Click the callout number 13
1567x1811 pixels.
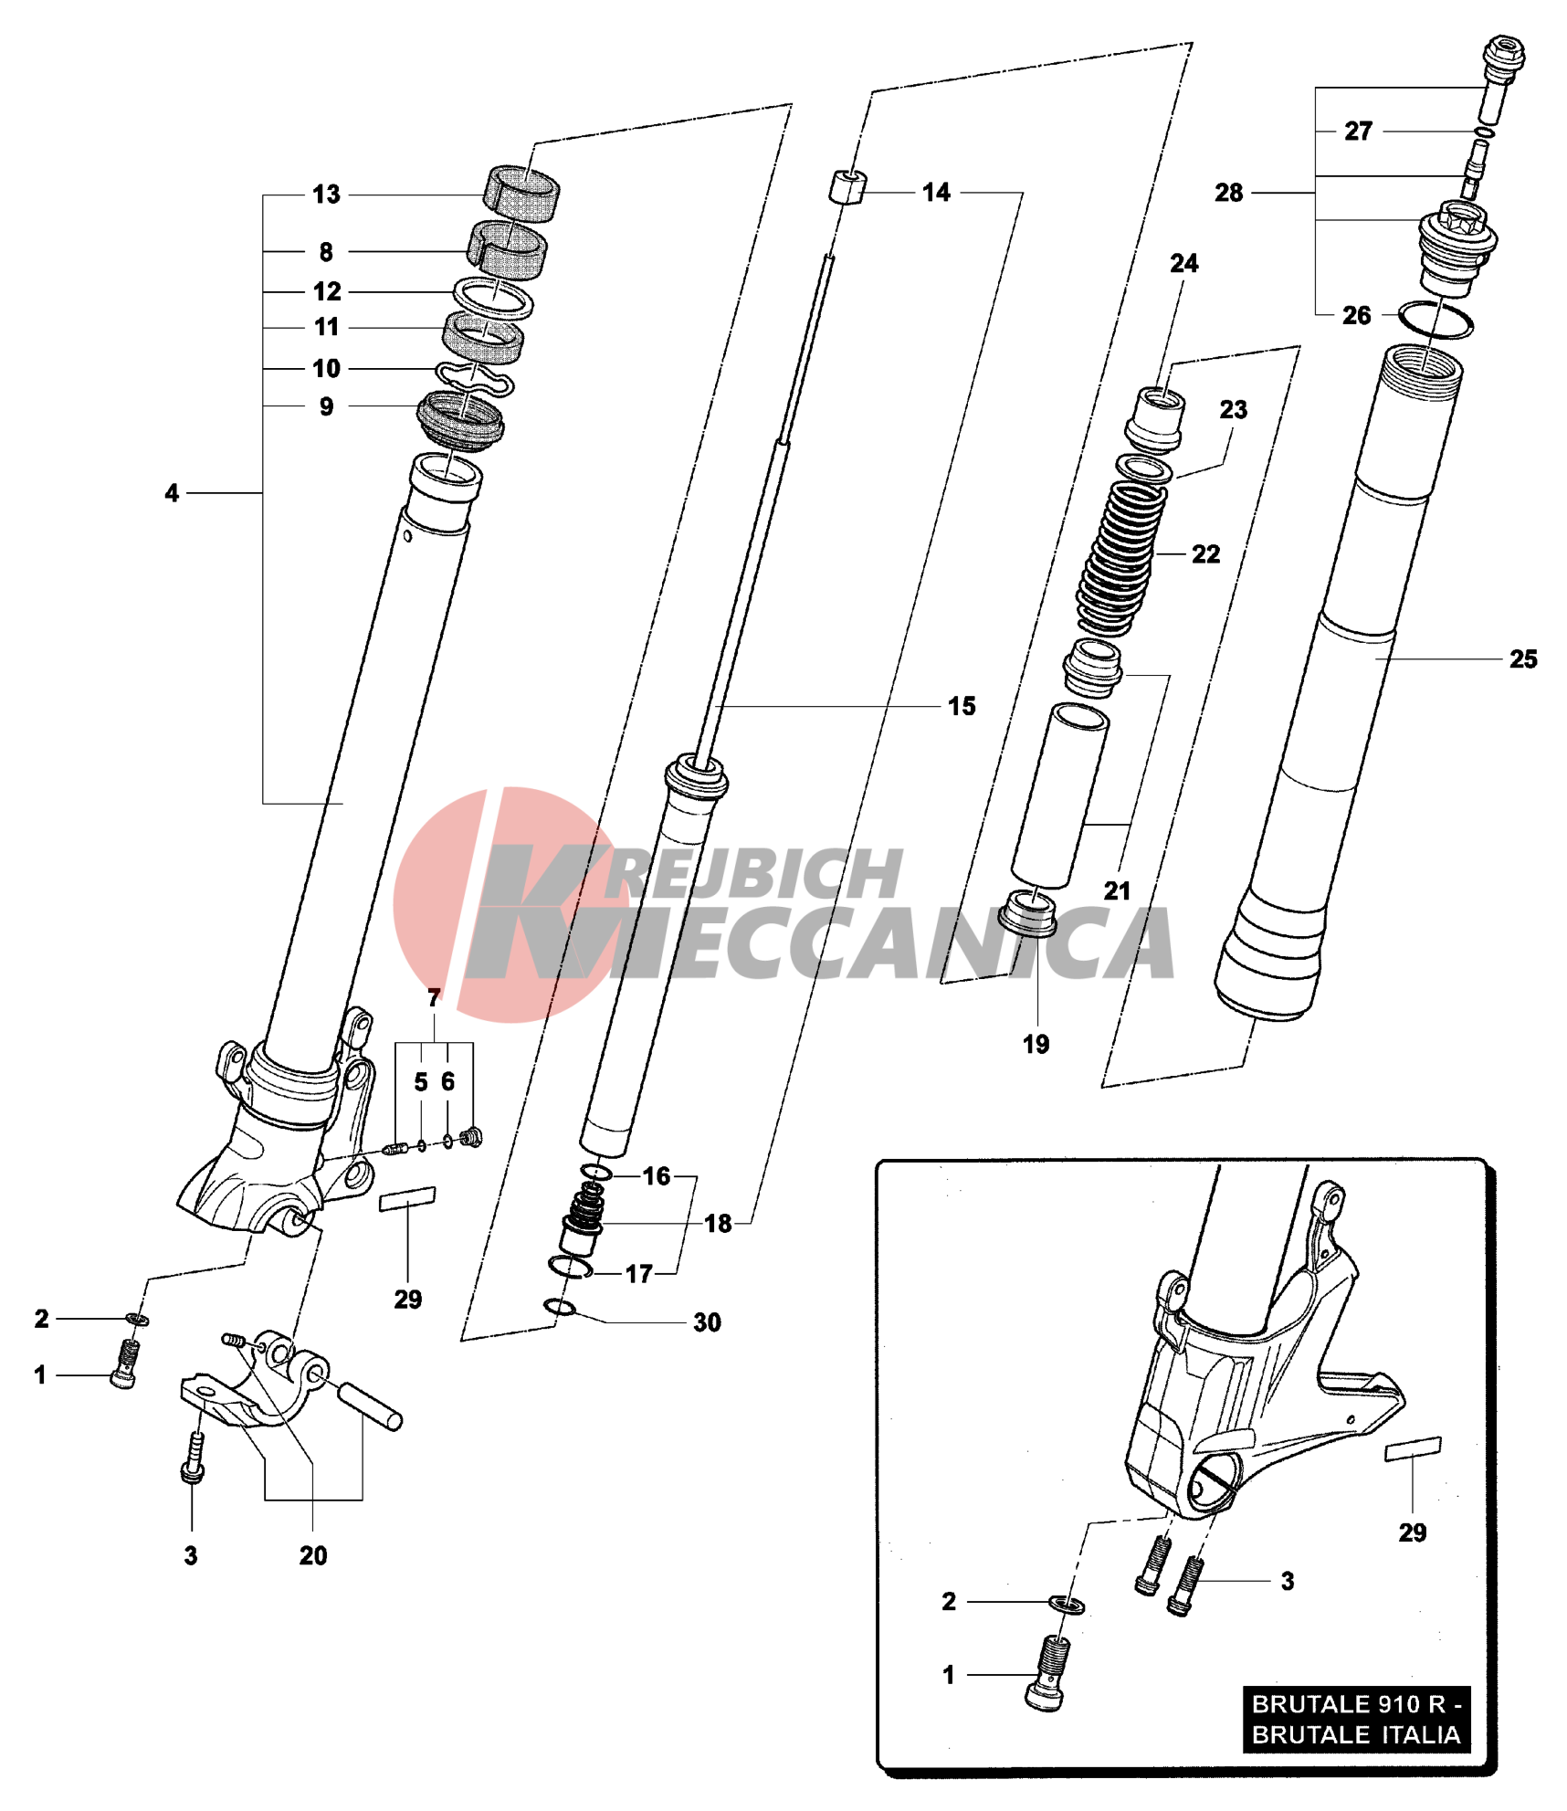[326, 195]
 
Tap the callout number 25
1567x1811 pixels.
[1522, 658]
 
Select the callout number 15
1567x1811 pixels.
[961, 706]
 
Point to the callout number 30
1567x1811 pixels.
[707, 1322]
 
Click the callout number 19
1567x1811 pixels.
[1036, 1044]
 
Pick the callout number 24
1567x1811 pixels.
[1183, 263]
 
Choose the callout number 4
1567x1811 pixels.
[172, 493]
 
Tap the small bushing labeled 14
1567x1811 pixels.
[847, 187]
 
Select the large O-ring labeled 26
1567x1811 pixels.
[1436, 320]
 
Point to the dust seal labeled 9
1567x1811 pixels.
[459, 420]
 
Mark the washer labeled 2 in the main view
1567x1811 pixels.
[138, 1320]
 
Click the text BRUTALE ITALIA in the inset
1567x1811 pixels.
[1355, 1734]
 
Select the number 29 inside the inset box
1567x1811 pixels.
[1412, 1532]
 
